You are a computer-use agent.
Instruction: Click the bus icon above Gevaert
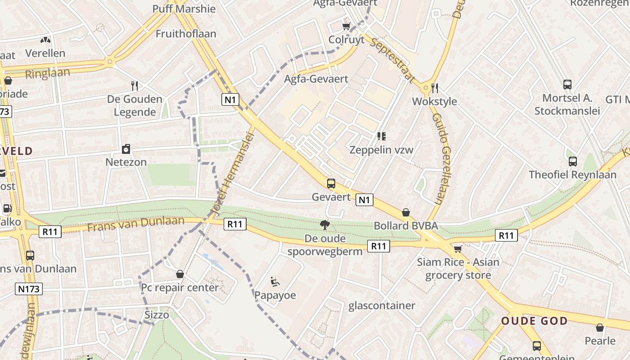(x=331, y=183)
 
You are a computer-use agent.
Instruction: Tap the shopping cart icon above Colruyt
(x=346, y=26)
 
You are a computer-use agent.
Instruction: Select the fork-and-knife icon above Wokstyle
(x=434, y=87)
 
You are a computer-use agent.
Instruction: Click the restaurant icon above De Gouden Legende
(x=134, y=85)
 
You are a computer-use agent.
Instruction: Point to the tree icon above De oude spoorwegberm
(x=324, y=225)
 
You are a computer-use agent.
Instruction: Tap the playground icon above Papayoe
(x=274, y=282)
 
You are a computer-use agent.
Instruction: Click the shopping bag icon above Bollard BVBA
(x=406, y=212)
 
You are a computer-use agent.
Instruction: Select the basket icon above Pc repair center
(x=180, y=274)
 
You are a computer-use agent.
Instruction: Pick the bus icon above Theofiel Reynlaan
(x=572, y=161)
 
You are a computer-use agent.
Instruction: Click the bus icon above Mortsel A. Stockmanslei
(x=567, y=84)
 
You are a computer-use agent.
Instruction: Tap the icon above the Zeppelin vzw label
(x=382, y=136)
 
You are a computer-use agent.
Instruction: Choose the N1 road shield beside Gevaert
(x=364, y=199)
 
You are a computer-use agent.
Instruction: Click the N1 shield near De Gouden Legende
(x=230, y=99)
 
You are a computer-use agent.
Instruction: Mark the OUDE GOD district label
(x=535, y=321)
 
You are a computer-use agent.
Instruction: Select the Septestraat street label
(x=391, y=60)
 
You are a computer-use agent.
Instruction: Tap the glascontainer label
(x=382, y=306)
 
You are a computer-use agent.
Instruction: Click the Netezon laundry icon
(x=126, y=148)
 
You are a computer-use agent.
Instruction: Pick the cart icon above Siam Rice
(x=458, y=249)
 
